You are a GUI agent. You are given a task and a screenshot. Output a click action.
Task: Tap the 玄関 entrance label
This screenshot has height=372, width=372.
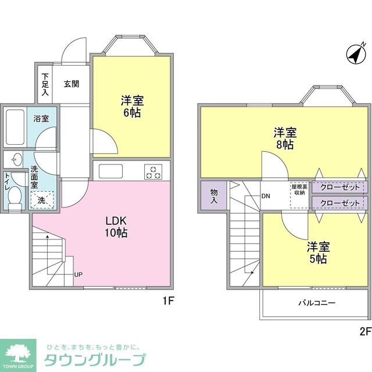[x=72, y=84]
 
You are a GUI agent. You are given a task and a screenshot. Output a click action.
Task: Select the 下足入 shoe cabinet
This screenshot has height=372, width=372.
[x=45, y=84]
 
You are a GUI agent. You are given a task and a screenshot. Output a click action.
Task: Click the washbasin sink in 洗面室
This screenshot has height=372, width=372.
[x=14, y=159]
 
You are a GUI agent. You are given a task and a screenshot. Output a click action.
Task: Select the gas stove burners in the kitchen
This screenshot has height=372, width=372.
[x=153, y=171]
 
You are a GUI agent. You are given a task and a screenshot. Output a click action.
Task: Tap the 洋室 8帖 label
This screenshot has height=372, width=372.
[x=284, y=138]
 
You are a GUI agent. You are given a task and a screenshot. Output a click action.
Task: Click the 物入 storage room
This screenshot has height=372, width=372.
[x=213, y=195]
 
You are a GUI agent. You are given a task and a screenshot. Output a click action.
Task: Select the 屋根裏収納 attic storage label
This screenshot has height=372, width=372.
[x=299, y=190]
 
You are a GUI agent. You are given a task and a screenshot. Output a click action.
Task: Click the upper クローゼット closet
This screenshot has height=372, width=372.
[x=340, y=188]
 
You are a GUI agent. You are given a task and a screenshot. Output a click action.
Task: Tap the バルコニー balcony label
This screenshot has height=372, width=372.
[x=317, y=303]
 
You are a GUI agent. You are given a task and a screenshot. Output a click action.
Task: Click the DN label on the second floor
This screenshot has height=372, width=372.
[x=266, y=196]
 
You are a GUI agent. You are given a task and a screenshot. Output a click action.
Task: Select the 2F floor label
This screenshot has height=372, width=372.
[x=364, y=332]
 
